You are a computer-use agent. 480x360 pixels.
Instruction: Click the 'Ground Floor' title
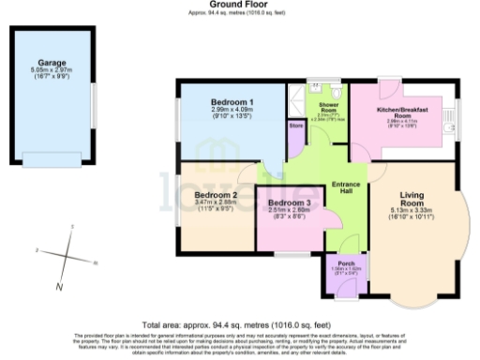point(239,5)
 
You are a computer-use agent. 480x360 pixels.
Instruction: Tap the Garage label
point(52,64)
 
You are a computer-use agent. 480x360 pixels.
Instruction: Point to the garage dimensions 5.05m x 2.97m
point(52,71)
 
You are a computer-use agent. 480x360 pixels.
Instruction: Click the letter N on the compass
point(59,285)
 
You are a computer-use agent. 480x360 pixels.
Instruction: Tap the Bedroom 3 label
point(289,203)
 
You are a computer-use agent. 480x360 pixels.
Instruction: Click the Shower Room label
point(328,106)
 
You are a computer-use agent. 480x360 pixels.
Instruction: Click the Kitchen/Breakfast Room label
point(402,113)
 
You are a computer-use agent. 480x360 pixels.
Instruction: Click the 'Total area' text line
point(239,319)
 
